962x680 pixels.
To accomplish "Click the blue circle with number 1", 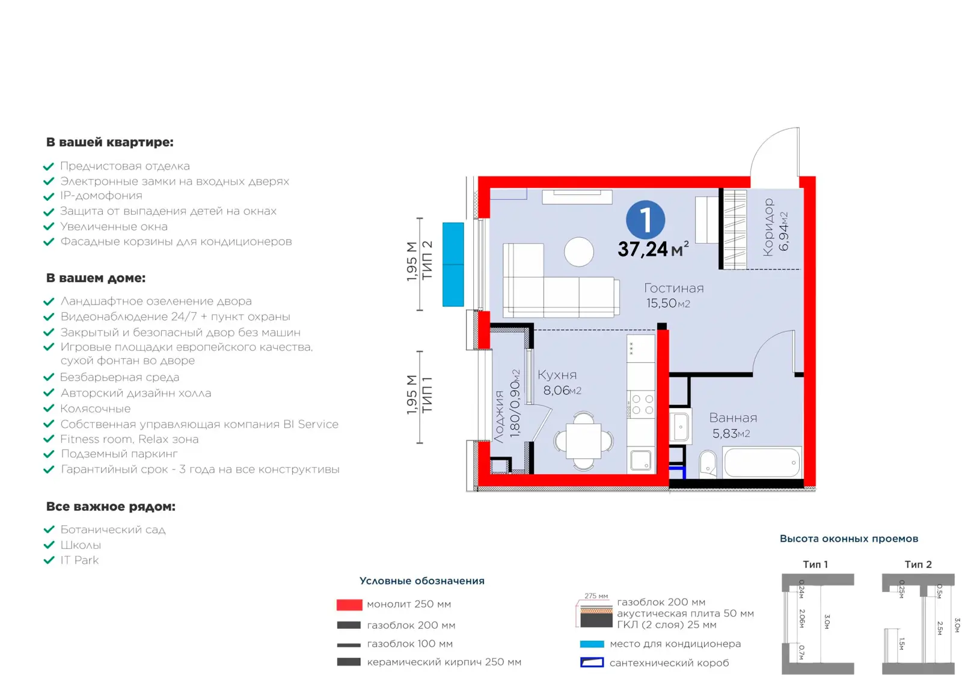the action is click(x=646, y=220).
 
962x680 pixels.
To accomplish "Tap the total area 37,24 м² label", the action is click(x=653, y=249).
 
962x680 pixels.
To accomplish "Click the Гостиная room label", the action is click(x=674, y=288).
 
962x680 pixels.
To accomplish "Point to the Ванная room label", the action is click(x=733, y=418).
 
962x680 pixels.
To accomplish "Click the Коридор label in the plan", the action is click(x=768, y=227).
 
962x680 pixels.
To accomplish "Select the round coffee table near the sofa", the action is click(x=579, y=252).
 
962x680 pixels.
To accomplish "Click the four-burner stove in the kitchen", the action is click(x=641, y=404).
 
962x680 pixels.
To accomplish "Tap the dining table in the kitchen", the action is click(x=584, y=441).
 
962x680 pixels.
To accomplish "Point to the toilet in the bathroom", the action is click(x=708, y=464).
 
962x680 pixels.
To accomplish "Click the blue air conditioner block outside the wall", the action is click(x=453, y=264).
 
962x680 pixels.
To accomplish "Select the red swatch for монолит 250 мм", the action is click(x=349, y=605).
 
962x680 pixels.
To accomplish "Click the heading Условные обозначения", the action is click(x=421, y=581).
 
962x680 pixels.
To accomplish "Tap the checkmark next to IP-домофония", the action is click(x=49, y=196).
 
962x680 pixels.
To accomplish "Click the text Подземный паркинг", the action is click(x=120, y=454).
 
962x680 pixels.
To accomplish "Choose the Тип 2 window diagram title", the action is click(x=918, y=564).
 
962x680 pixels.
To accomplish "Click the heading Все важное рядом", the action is click(x=111, y=507).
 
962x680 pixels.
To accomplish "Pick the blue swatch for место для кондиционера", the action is click(x=592, y=644).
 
